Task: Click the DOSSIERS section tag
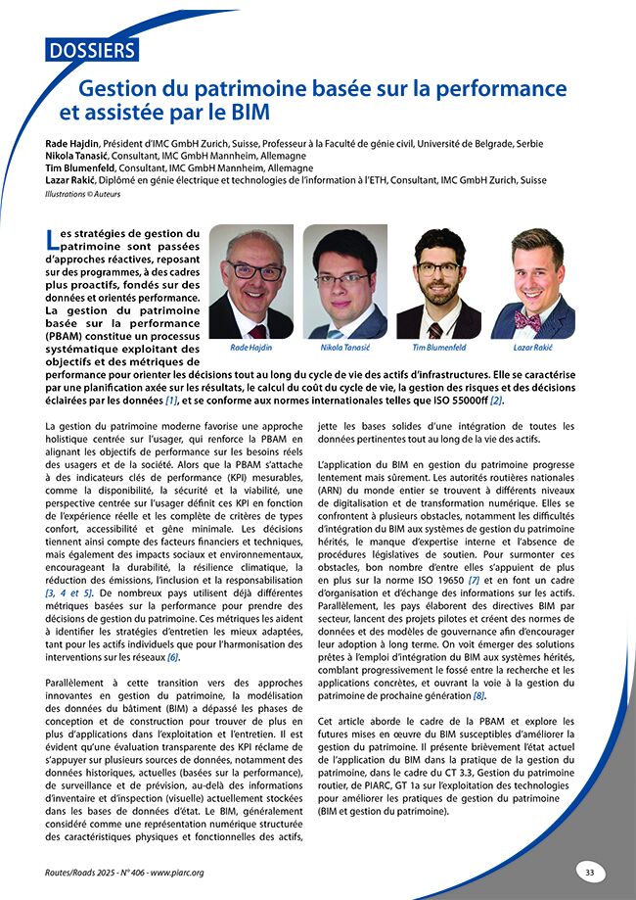92,48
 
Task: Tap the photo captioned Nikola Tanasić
345,282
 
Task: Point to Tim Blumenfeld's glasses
437,267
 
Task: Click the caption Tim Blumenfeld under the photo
438,348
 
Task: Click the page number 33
589,872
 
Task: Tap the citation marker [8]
478,695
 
